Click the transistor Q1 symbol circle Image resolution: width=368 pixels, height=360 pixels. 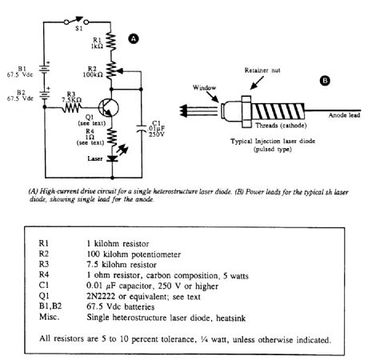(107, 108)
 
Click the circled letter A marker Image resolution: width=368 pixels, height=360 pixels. (134, 38)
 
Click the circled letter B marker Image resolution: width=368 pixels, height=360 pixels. (325, 80)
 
